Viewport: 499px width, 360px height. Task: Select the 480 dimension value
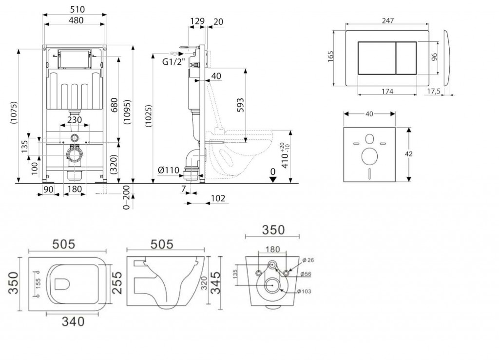[76, 20]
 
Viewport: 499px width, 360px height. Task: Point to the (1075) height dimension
[14, 112]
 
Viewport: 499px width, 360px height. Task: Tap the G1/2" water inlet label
[173, 62]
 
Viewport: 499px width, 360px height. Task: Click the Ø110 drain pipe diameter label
[169, 170]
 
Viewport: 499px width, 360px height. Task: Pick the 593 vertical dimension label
[240, 105]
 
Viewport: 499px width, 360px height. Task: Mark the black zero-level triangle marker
[273, 180]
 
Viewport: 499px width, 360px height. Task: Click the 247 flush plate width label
[387, 20]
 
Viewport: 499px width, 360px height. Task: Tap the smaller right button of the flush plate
[406, 58]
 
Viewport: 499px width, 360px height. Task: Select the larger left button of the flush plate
[377, 58]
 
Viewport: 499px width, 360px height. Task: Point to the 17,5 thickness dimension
[433, 91]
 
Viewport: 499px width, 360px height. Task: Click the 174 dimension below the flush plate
[387, 91]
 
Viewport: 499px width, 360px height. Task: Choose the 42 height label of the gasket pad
[409, 154]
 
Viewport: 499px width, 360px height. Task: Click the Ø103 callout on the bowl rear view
[304, 291]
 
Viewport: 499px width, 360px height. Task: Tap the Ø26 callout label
[308, 260]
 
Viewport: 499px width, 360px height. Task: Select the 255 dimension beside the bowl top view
[117, 283]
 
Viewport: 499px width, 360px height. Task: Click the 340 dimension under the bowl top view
[73, 322]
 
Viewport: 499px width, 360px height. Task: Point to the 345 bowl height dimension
[216, 283]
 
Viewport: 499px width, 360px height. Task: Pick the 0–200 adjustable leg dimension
[126, 197]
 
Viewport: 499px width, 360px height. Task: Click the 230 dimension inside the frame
[75, 120]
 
